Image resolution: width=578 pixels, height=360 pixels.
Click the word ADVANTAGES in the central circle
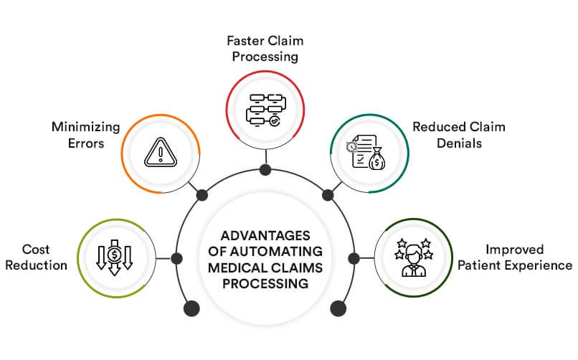[265, 237]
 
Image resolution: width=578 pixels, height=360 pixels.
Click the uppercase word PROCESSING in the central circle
[265, 283]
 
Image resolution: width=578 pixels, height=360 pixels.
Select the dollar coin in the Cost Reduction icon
[115, 253]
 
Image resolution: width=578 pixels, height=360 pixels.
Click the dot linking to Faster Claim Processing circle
[265, 170]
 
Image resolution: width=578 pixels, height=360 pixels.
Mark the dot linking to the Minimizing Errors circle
[202, 195]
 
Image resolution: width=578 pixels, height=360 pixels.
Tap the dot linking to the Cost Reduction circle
[176, 257]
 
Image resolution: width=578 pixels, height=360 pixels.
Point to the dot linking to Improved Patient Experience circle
[353, 257]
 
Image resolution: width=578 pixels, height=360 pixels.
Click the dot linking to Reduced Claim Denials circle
[328, 195]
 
